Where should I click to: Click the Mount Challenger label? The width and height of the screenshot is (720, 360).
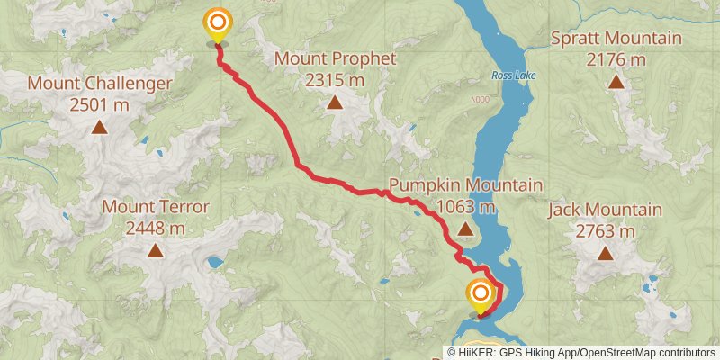pyautogui.click(x=99, y=85)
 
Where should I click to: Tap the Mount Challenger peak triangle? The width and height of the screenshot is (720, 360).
pyautogui.click(x=99, y=127)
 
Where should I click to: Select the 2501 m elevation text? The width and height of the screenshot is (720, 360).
pyautogui.click(x=99, y=104)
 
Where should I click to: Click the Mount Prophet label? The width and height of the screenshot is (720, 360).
pyautogui.click(x=335, y=59)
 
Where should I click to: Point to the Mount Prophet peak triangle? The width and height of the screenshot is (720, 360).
pyautogui.click(x=335, y=102)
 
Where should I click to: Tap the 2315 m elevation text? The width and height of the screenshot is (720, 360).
pyautogui.click(x=335, y=80)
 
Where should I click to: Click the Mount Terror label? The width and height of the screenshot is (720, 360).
pyautogui.click(x=156, y=207)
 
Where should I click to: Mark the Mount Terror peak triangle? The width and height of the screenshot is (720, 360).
pyautogui.click(x=156, y=250)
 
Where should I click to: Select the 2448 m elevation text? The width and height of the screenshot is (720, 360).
pyautogui.click(x=156, y=228)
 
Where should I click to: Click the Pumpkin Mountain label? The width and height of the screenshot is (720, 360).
pyautogui.click(x=465, y=186)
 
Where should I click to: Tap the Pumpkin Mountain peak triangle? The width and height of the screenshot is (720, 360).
pyautogui.click(x=465, y=229)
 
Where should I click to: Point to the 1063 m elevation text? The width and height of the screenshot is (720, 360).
pyautogui.click(x=465, y=207)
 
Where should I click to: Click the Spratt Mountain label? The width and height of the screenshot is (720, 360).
pyautogui.click(x=616, y=40)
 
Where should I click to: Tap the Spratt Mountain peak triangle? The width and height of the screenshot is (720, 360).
pyautogui.click(x=616, y=82)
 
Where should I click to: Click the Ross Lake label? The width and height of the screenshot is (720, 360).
pyautogui.click(x=514, y=76)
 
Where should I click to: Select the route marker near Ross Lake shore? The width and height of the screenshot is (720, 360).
pyautogui.click(x=481, y=293)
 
